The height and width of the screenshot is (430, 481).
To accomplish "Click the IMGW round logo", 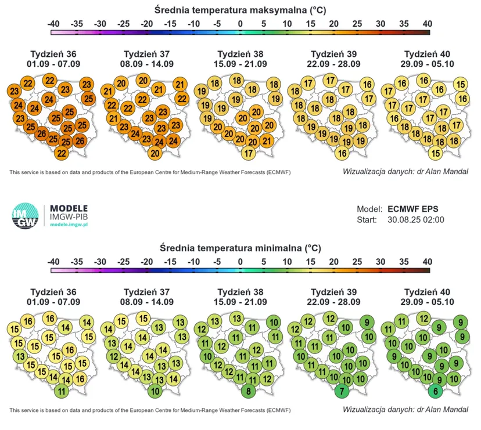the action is coord(25,215).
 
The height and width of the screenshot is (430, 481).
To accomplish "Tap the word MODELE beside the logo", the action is coord(69,208).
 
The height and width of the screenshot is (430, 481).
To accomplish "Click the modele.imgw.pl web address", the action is coord(69,225).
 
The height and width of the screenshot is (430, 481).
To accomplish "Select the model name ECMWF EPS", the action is coord(413,209).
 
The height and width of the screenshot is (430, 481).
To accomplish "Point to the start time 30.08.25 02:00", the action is coord(416,220).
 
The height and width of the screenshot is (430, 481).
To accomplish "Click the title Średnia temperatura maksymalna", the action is coord(240,10).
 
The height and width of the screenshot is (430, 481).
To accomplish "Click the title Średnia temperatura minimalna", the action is coord(240,248).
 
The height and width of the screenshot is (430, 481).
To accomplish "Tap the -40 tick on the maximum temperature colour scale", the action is coord(53,24).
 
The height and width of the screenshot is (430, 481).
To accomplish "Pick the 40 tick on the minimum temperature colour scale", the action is coord(428,262).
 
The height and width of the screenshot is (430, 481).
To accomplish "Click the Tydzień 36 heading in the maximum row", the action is coord(53,54).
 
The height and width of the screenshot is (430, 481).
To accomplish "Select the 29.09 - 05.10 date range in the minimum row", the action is coord(427,302).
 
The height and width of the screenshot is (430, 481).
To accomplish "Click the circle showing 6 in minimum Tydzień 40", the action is coord(436,391).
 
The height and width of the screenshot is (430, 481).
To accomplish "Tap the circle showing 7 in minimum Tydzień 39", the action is coord(342,391).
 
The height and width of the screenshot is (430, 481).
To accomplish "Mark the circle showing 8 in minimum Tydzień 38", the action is coord(249,391).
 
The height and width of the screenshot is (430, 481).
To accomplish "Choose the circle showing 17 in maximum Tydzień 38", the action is coord(249,153).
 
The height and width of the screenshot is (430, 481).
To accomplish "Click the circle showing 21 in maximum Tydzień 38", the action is coord(267,140).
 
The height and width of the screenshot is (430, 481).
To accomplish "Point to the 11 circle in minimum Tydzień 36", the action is coord(62,391).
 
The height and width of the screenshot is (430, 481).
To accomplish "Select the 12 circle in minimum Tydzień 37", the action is coord(114,356).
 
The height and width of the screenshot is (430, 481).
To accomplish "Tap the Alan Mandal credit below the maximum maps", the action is coord(405,172).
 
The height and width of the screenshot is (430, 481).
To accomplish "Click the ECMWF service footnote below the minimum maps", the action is coord(150,410).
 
